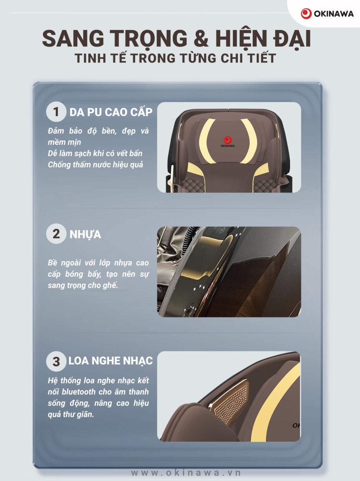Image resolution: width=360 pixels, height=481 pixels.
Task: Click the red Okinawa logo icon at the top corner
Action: pos(306,14)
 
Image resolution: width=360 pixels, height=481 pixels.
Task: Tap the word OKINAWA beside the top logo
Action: pos(334,14)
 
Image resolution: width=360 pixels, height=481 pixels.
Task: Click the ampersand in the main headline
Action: pos(201,39)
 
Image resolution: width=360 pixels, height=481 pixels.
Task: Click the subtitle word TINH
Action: pos(91,58)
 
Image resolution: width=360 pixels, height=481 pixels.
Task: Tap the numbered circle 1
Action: pos(56,112)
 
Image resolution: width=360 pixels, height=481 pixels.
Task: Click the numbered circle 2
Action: pos(56,234)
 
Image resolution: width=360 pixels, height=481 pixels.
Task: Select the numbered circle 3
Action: pos(56,361)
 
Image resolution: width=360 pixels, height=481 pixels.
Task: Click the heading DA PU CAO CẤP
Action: pos(111,112)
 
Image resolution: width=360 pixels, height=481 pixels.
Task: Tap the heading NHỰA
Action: pos(85,234)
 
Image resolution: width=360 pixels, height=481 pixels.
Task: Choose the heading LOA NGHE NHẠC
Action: pos(110,361)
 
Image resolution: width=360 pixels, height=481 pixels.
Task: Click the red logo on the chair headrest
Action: pos(228,140)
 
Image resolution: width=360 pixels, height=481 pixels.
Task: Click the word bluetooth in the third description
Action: pos(78,392)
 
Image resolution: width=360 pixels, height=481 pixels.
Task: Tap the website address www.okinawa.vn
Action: pos(186,473)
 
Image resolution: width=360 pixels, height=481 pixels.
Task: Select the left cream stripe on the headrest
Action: pos(206,140)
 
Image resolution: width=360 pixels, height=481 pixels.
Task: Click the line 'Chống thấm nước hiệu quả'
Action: pos(95,165)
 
